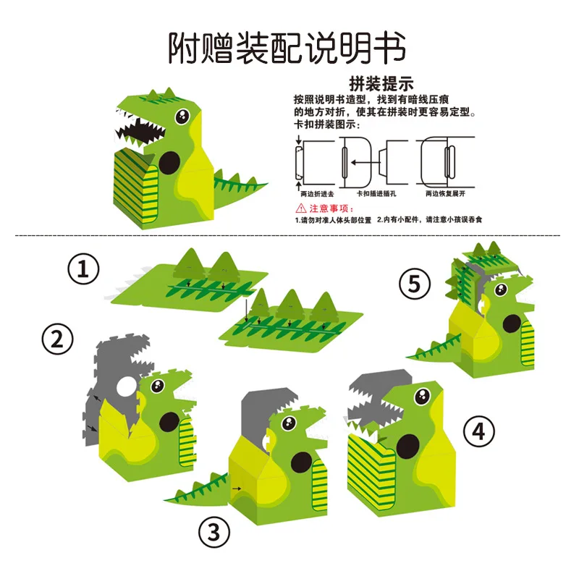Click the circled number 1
point(83,271)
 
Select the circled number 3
point(214,533)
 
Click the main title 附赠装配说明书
point(287,48)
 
